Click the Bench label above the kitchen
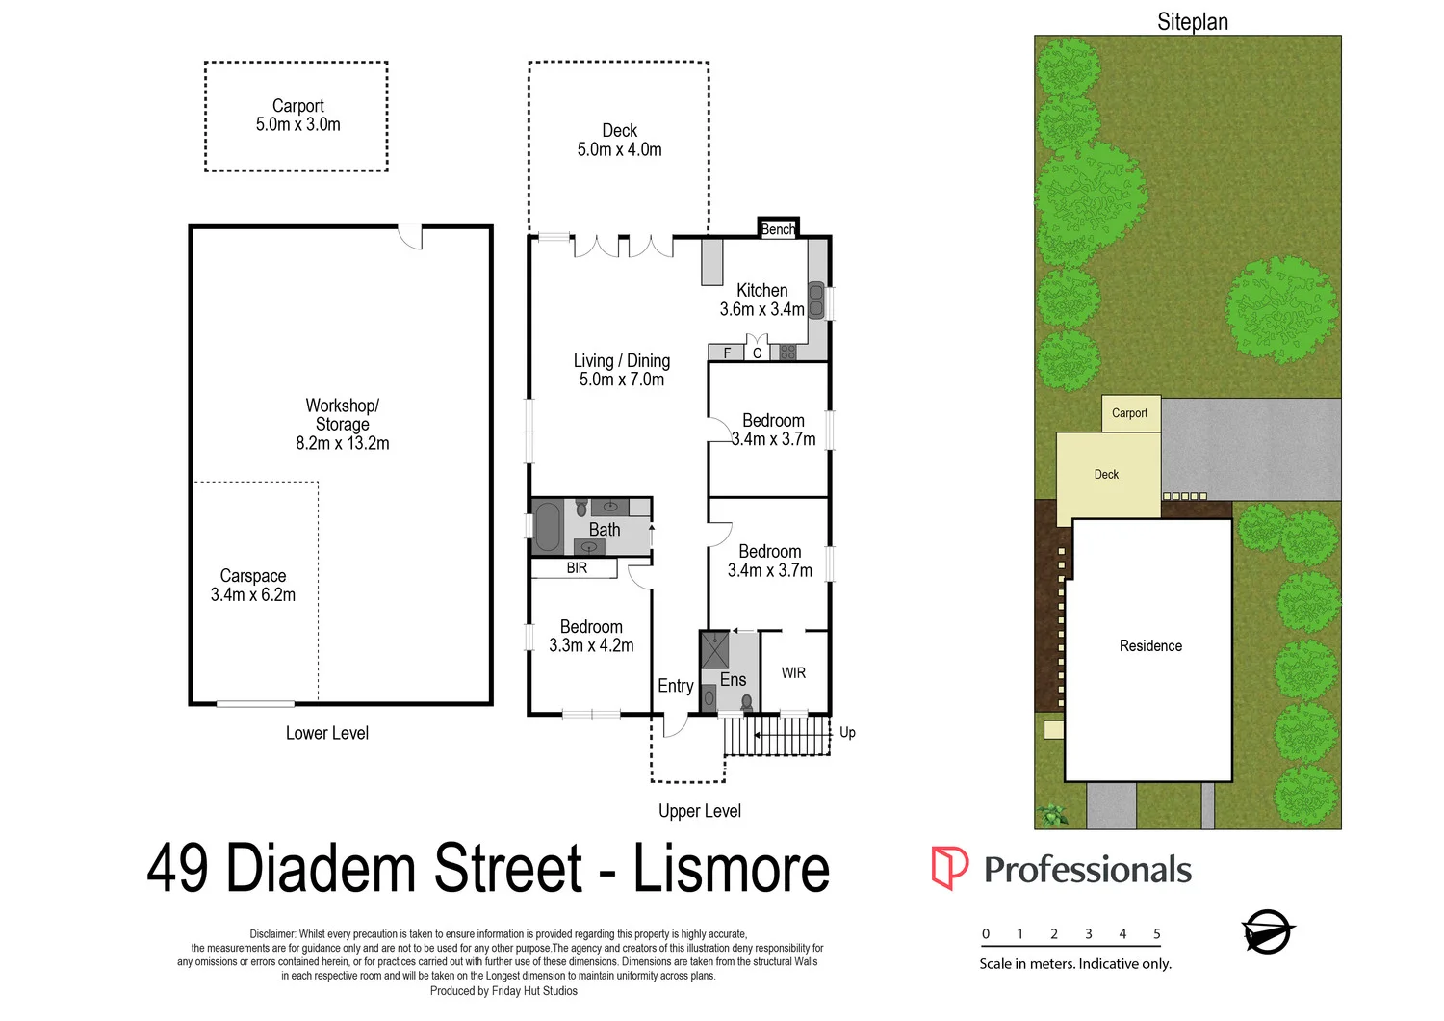778,229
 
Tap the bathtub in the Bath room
547,527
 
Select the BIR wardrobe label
577,568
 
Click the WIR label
793,672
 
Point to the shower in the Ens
714,650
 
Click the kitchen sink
815,300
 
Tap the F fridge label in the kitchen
727,353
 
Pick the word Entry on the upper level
675,686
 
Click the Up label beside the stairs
847,732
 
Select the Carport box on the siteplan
1130,413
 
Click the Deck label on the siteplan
1106,475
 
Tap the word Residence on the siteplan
1150,646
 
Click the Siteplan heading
1192,21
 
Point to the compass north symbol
1268,931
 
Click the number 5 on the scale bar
1156,933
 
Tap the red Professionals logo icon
949,868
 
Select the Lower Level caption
326,733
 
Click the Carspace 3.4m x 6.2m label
253,586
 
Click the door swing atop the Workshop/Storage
411,237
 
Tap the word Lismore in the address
731,868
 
